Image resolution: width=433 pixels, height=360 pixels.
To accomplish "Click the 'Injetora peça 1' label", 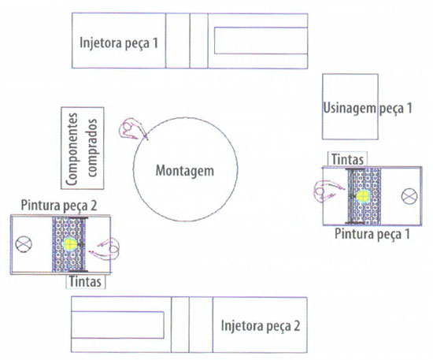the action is tap(119, 43).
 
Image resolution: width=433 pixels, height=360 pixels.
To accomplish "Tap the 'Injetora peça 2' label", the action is tap(261, 326).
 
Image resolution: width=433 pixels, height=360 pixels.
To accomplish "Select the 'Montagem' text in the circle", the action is tap(185, 171).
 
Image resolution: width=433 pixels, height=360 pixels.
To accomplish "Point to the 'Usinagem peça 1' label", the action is tap(368, 108).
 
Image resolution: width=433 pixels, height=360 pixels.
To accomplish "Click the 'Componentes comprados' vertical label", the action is tap(82, 149).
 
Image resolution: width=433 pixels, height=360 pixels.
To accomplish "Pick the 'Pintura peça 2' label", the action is tap(59, 206).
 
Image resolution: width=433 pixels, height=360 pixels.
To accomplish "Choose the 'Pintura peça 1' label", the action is tap(372, 234).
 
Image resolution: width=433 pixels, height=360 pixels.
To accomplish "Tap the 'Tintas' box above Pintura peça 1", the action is tap(347, 159).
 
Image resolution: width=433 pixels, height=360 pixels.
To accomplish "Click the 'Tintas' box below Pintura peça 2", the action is tap(85, 282).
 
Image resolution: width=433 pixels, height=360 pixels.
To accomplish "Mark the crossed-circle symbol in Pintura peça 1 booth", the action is tap(409, 196).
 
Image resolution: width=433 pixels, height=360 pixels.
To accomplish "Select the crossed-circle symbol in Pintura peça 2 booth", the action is tap(24, 245).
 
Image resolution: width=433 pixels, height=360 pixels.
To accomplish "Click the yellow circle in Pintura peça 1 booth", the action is tap(363, 196).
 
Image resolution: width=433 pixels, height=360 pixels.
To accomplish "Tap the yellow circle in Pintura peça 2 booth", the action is tap(69, 244).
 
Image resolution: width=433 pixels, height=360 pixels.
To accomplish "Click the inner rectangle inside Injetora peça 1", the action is tap(261, 40).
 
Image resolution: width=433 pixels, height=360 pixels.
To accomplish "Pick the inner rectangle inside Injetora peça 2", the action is tap(117, 325).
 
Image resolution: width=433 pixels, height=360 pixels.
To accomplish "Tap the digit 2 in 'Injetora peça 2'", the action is tap(297, 326).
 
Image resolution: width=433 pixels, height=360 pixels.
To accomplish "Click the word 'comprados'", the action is tap(91, 148).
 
